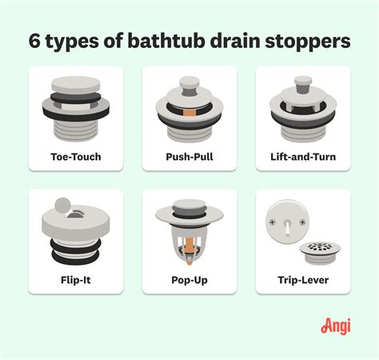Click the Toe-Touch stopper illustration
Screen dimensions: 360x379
(x=75, y=107)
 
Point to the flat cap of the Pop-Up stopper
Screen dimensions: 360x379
(x=189, y=214)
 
